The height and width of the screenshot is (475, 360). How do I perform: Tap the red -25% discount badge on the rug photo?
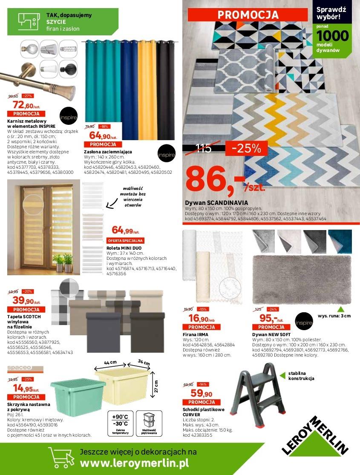tap(250, 148)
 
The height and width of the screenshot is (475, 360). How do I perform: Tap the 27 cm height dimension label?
tap(156, 386)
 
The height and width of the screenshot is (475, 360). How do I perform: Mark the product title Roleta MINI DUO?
tap(124, 248)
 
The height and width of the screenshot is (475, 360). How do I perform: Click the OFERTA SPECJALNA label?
tap(126, 241)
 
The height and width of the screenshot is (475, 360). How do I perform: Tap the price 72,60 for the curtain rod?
tap(24, 105)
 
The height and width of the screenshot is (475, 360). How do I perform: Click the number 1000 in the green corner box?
tap(333, 35)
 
